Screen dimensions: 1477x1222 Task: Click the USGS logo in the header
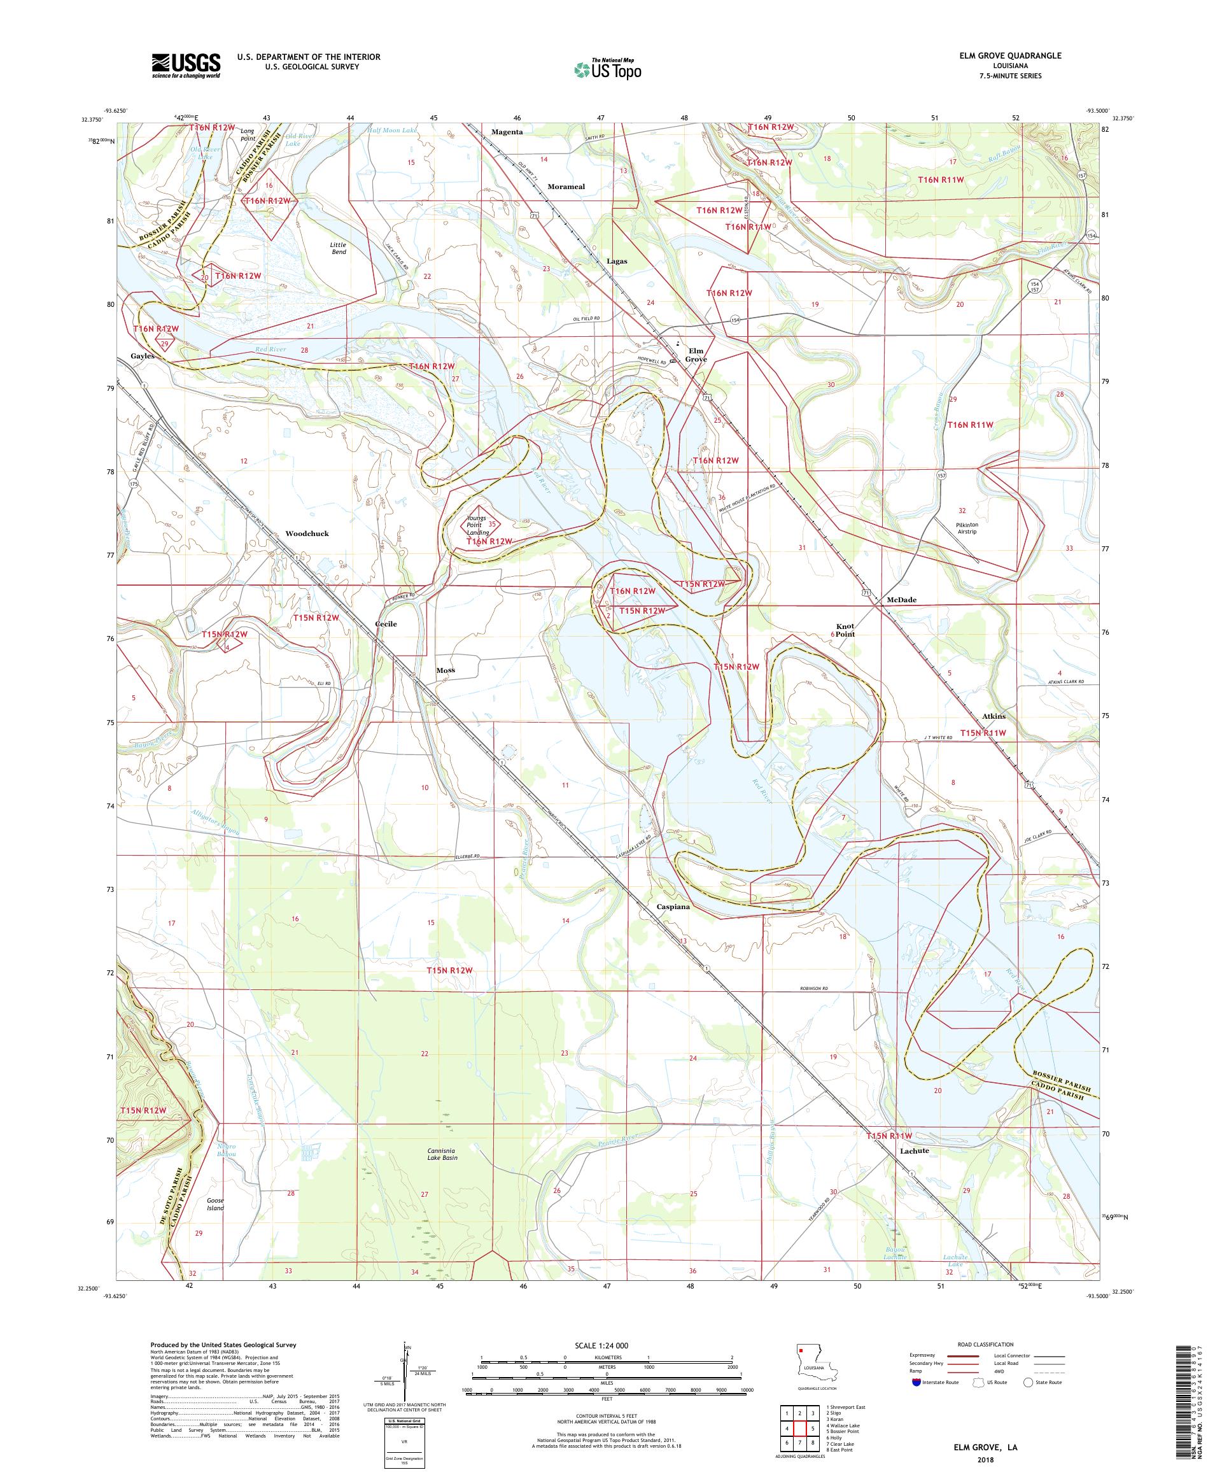(186, 66)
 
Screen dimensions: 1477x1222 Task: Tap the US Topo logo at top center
(608, 69)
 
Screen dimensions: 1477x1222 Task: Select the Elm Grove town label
(696, 355)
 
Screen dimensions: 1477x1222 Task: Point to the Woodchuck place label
(307, 533)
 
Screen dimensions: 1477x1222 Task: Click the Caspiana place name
(673, 907)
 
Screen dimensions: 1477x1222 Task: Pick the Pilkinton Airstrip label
(967, 528)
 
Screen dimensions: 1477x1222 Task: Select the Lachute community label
(914, 1150)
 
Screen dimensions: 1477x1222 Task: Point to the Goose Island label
(215, 1204)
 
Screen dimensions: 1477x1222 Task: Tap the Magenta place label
(507, 132)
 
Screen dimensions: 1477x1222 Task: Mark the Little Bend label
(338, 248)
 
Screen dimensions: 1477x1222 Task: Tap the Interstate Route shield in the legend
(916, 1382)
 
